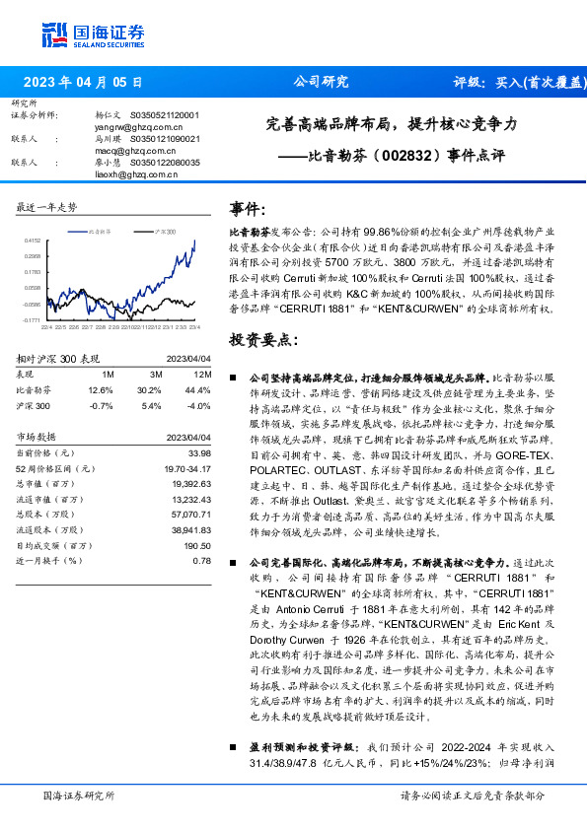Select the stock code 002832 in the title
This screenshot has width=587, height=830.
point(379,155)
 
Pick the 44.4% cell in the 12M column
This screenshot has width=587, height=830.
point(199,391)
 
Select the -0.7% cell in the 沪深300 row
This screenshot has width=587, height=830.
point(102,404)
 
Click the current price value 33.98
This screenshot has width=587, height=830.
point(200,452)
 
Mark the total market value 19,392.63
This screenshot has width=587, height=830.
point(191,485)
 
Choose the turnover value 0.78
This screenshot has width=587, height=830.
point(202,560)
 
